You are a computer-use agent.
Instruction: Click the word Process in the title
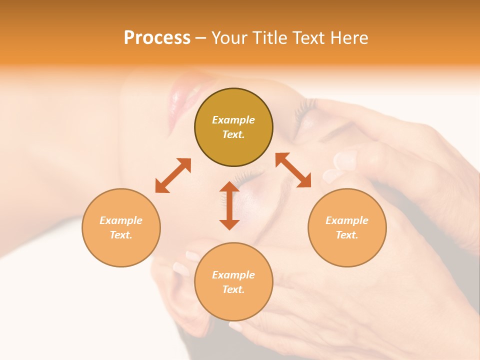click(157, 38)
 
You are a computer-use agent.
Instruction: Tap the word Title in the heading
click(274, 38)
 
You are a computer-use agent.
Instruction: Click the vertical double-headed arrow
click(229, 205)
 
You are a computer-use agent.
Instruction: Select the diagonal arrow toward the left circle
click(173, 175)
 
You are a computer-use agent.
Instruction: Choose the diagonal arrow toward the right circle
click(293, 170)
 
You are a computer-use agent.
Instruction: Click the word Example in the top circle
click(233, 120)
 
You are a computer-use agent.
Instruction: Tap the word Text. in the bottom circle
click(233, 289)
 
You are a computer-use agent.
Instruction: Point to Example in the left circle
click(121, 220)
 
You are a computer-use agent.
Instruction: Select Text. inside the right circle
click(347, 235)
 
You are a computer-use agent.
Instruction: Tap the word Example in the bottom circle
click(233, 275)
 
